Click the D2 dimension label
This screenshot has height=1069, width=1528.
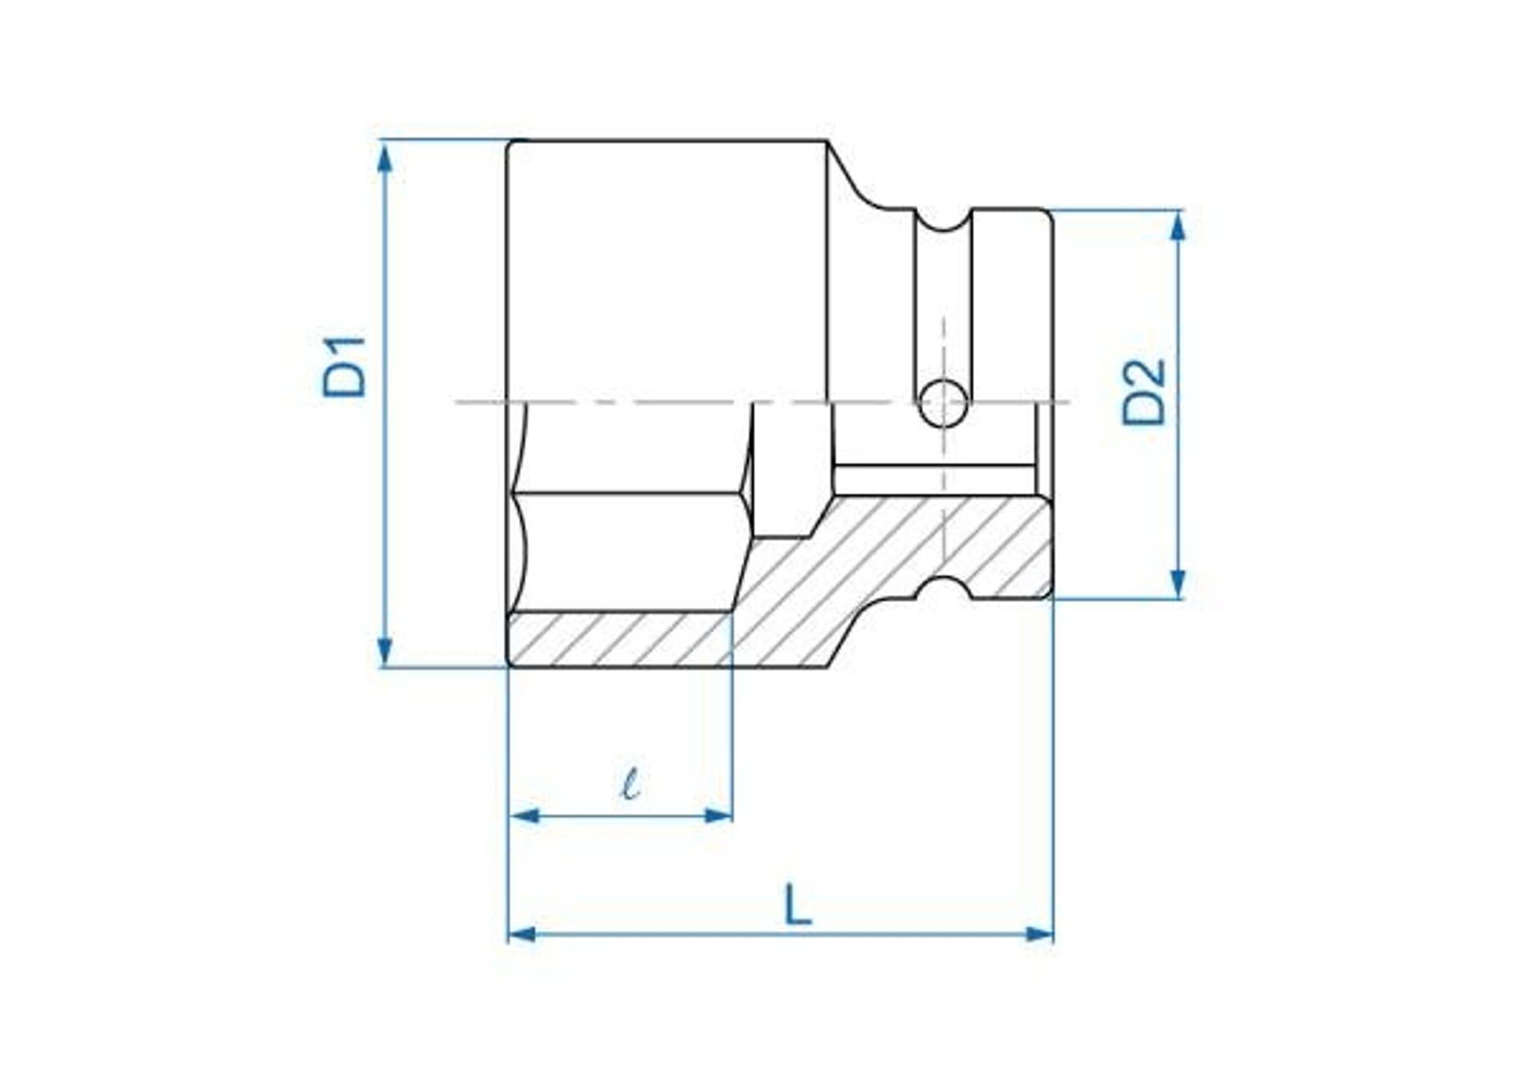tap(1144, 392)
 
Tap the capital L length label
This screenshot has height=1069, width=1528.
tap(797, 904)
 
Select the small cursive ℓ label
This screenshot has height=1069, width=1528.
tap(630, 783)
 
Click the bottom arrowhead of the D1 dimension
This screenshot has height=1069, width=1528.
tap(385, 651)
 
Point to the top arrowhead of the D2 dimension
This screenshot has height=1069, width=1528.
tap(1179, 227)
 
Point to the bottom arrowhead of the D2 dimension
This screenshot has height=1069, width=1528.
tap(1179, 582)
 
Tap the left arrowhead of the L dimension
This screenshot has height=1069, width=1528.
tap(523, 934)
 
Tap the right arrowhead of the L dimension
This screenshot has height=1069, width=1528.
tap(1039, 934)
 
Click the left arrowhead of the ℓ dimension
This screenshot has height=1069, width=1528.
tap(524, 815)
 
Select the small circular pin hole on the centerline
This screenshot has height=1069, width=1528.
tap(943, 402)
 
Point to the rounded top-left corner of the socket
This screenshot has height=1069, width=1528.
tap(513, 146)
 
